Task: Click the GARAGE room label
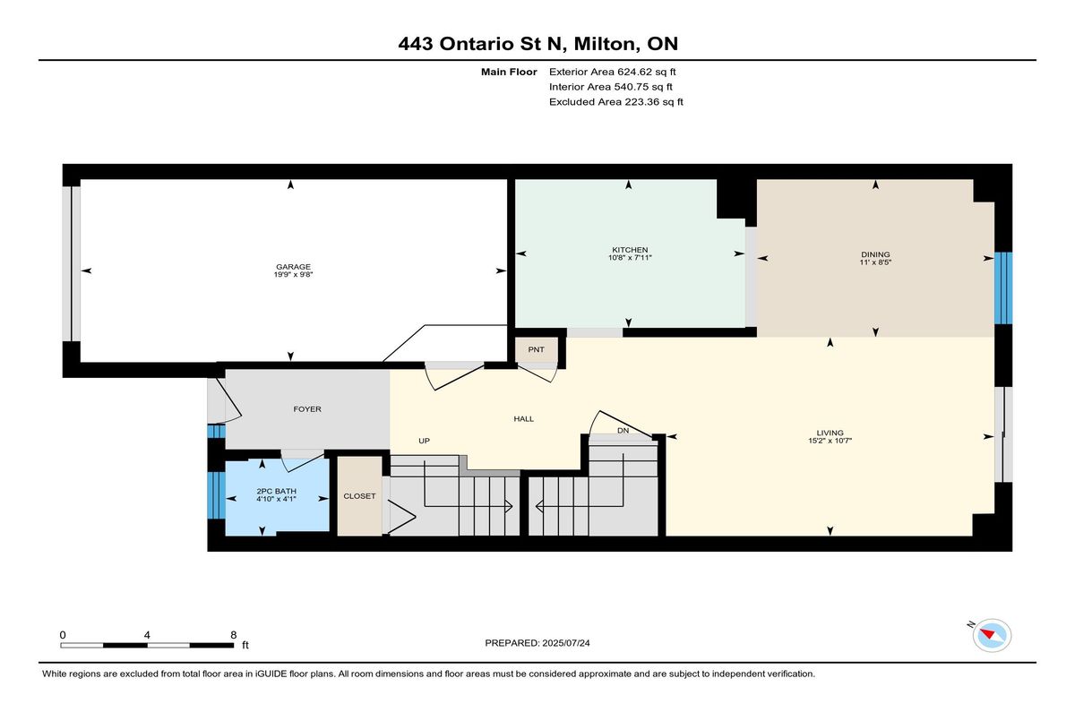(293, 267)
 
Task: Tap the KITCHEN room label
(630, 250)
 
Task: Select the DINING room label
(875, 254)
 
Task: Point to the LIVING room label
(830, 433)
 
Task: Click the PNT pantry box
(537, 349)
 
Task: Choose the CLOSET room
(359, 496)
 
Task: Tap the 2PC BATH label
(277, 491)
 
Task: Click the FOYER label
(307, 409)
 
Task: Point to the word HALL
(523, 419)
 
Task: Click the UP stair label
(425, 441)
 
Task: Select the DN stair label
(623, 431)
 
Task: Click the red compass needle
(987, 634)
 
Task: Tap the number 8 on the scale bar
(234, 635)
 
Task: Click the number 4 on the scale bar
(147, 635)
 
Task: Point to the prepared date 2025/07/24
(566, 643)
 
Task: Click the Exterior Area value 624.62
(634, 72)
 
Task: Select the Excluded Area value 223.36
(641, 102)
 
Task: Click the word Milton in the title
(607, 44)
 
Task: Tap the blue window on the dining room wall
(1003, 288)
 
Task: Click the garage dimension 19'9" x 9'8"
(293, 275)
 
